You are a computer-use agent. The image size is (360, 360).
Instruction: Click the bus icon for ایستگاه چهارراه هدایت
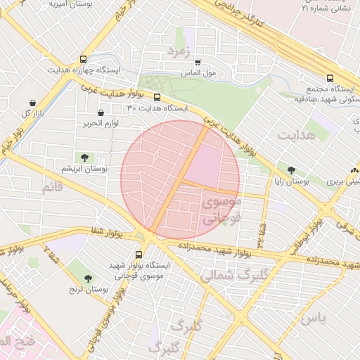(84, 60)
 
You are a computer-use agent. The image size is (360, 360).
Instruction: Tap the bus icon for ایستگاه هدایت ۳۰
(157, 98)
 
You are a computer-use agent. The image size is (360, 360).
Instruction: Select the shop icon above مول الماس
(198, 62)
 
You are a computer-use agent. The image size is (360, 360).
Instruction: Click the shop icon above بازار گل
(32, 103)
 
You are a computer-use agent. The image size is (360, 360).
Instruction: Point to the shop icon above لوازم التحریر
(101, 112)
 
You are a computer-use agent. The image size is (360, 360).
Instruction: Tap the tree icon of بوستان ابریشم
(84, 157)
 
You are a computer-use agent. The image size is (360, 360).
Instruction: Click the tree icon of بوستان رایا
(292, 170)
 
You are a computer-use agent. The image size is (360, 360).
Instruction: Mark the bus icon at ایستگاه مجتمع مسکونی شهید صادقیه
(330, 79)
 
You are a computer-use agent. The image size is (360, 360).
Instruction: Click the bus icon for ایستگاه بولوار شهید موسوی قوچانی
(139, 255)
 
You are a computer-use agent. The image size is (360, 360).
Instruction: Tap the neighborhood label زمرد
(179, 52)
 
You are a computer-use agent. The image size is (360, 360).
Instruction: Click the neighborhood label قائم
(53, 188)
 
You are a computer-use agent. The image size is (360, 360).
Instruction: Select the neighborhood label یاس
(314, 318)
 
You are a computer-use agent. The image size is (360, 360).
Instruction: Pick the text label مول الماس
(207, 72)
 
